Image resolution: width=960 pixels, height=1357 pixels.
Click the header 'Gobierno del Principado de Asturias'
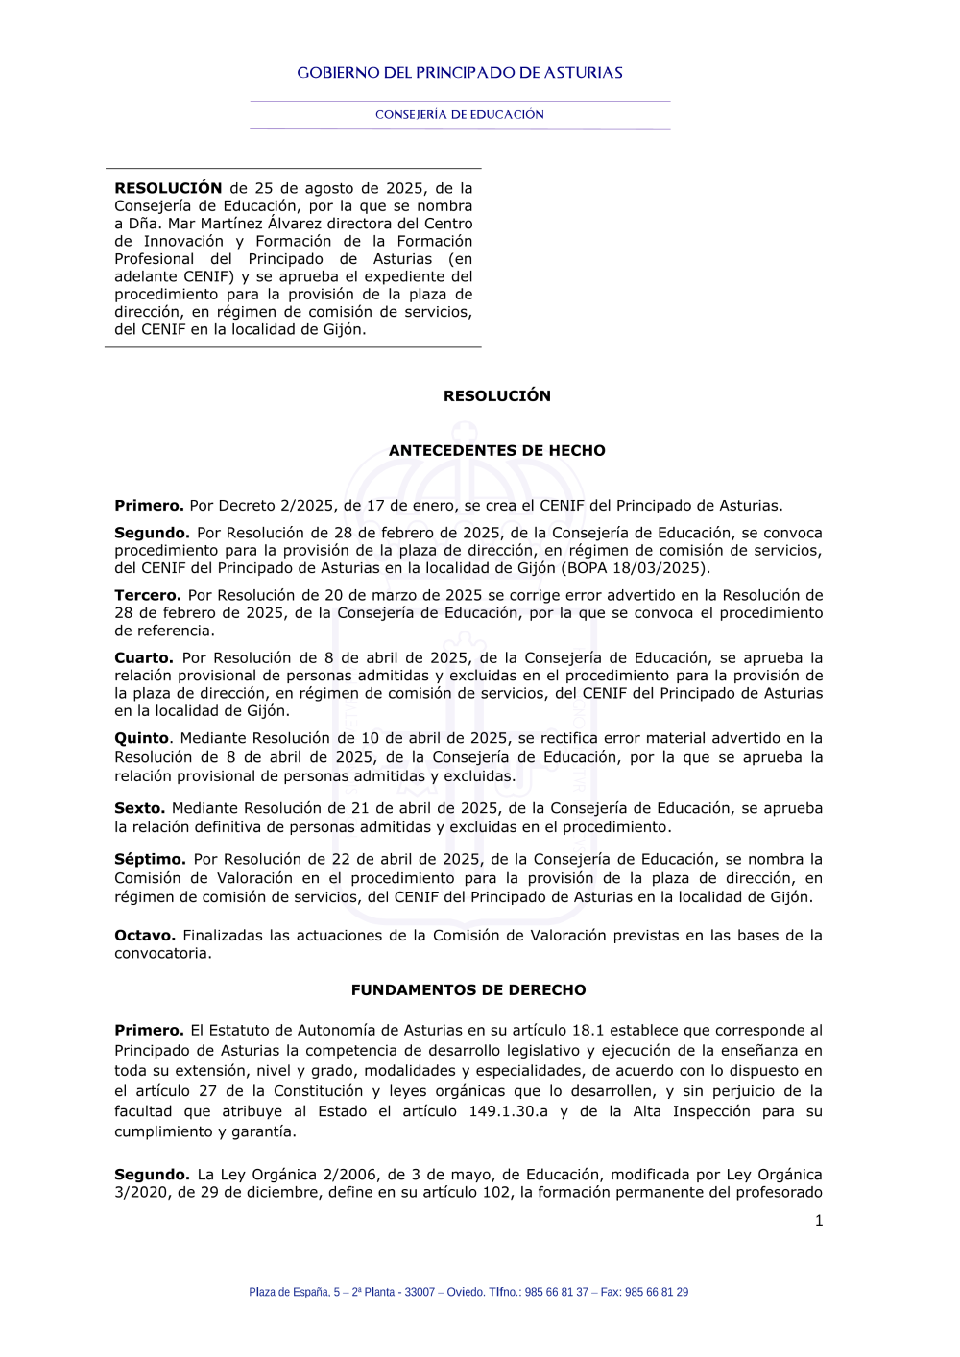click(460, 73)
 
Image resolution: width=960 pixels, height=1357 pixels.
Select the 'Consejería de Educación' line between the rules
click(460, 115)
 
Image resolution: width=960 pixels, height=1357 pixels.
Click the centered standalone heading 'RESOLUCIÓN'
click(497, 396)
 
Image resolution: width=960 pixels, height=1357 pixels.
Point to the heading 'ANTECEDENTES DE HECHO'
click(497, 451)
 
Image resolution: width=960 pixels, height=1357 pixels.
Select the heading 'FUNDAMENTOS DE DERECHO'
click(468, 990)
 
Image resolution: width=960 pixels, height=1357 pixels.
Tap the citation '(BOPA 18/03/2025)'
click(636, 568)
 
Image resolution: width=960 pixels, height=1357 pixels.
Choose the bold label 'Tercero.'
click(148, 596)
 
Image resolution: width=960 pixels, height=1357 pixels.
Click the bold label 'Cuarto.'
click(144, 658)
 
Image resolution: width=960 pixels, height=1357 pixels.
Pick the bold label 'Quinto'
click(142, 739)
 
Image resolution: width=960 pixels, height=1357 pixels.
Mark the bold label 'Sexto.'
click(140, 809)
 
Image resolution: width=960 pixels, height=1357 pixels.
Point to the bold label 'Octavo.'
click(145, 936)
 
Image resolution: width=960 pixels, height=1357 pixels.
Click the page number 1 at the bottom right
click(819, 1221)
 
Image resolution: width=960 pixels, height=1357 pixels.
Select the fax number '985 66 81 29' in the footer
click(657, 1293)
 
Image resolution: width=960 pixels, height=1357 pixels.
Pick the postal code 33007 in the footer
click(420, 1293)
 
